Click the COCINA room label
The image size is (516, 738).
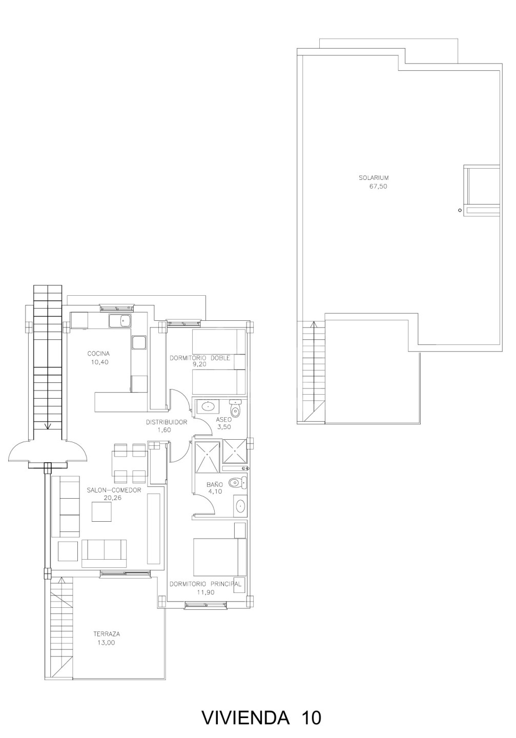[98, 354]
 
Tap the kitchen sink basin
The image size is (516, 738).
[125, 320]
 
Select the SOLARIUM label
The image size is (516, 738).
[374, 178]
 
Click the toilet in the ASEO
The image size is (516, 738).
[235, 408]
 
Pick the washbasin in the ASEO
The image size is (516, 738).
[208, 406]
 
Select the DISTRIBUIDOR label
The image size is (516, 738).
[167, 422]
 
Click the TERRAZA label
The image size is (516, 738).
[107, 634]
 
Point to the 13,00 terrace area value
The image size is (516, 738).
[106, 643]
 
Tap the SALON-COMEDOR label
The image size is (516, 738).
[114, 490]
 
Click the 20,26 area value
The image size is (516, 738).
[112, 498]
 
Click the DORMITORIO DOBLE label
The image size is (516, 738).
[200, 358]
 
